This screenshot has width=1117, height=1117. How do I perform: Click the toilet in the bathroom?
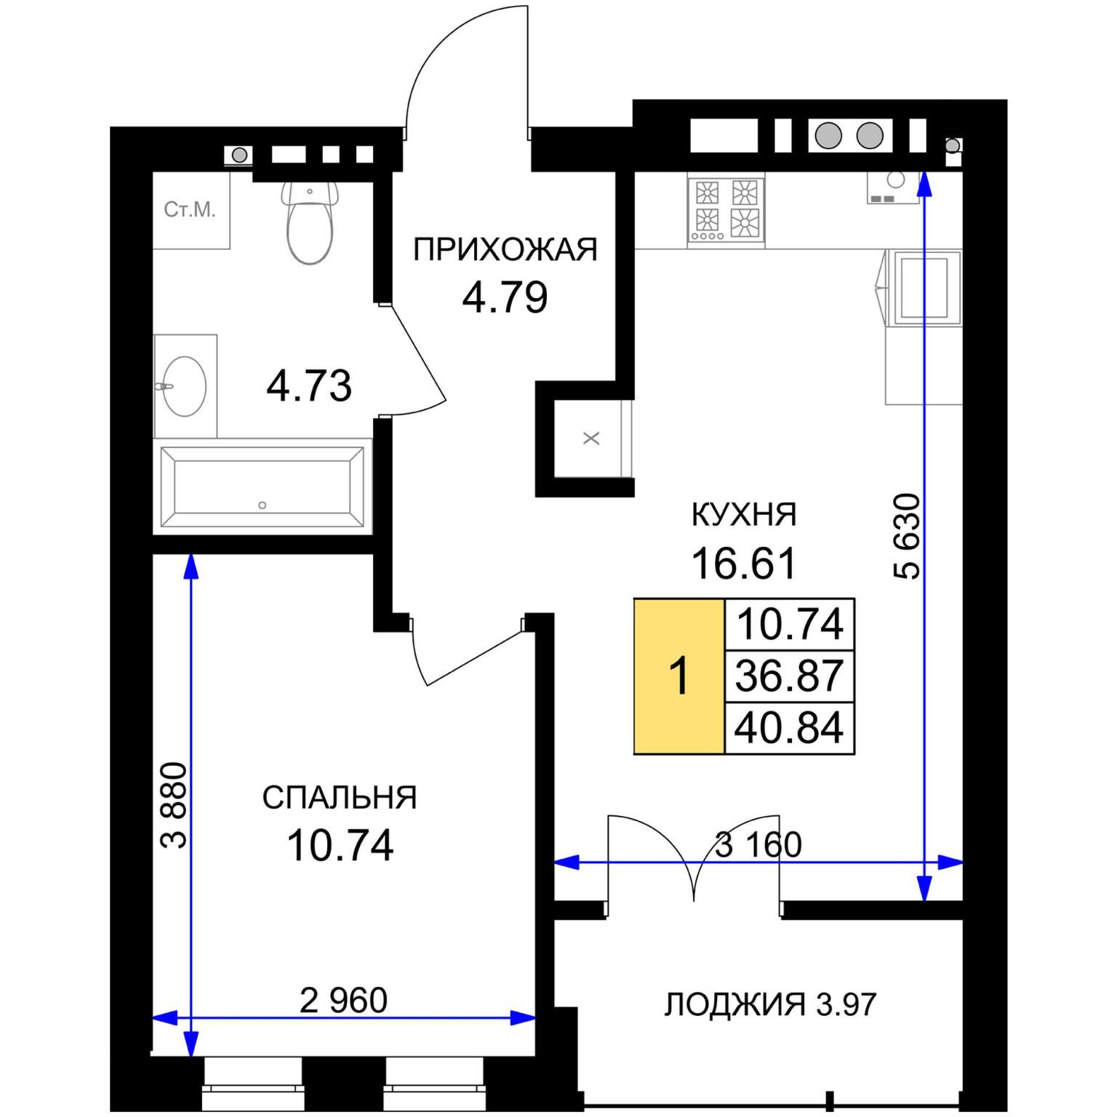pyautogui.click(x=311, y=225)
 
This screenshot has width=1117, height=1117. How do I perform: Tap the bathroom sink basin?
pyautogui.click(x=184, y=386)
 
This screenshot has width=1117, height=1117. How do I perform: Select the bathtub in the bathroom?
pyautogui.click(x=262, y=487)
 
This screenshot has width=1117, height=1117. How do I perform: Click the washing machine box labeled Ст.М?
pyautogui.click(x=191, y=210)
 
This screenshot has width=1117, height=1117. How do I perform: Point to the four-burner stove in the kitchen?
pyautogui.click(x=726, y=209)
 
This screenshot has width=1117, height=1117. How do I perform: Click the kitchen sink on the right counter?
pyautogui.click(x=924, y=287)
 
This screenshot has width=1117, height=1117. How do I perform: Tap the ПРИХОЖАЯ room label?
pyautogui.click(x=505, y=250)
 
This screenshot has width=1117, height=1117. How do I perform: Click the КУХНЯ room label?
pyautogui.click(x=743, y=515)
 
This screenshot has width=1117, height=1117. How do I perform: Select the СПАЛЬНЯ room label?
pyautogui.click(x=340, y=798)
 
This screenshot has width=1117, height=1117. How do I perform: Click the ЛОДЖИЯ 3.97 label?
pyautogui.click(x=770, y=1004)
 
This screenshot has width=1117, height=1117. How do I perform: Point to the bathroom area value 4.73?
pyautogui.click(x=309, y=386)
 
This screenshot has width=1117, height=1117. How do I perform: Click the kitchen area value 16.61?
pyautogui.click(x=743, y=564)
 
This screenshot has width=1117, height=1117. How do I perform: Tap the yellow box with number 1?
pyautogui.click(x=679, y=676)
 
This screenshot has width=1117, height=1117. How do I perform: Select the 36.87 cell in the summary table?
pyautogui.click(x=789, y=676)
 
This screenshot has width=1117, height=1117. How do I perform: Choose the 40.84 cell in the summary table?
pyautogui.click(x=789, y=727)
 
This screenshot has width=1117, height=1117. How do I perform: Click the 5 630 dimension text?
pyautogui.click(x=907, y=536)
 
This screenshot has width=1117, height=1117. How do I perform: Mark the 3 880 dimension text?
pyautogui.click(x=175, y=805)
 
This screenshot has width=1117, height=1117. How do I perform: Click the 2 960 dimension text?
pyautogui.click(x=343, y=1001)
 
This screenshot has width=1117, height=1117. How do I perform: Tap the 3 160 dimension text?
pyautogui.click(x=758, y=845)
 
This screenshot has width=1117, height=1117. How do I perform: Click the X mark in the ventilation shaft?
pyautogui.click(x=592, y=439)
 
